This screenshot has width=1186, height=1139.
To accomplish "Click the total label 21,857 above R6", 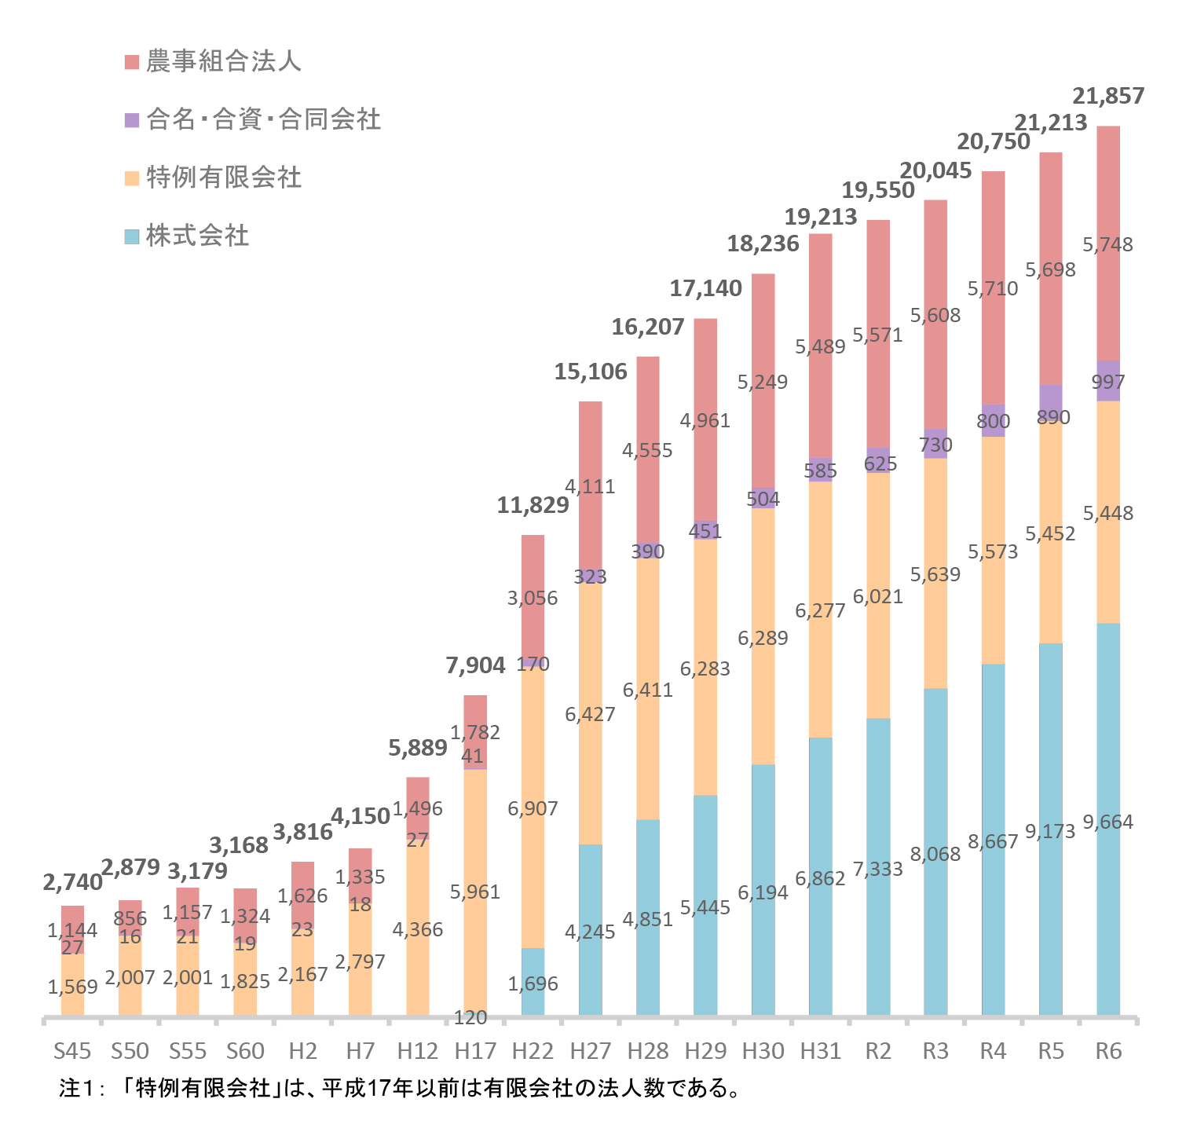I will pos(1108,96).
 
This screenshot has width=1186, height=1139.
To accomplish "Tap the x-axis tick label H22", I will pos(533,1051).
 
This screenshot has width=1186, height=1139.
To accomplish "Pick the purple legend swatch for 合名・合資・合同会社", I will pos(132,120).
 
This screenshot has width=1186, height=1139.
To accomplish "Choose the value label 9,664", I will pos(1108,822).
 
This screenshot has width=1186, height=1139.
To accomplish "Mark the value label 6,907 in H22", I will pos(533,808).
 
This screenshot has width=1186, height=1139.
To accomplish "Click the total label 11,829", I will pos(533,505).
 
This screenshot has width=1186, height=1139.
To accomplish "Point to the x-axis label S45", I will pos(72,1051).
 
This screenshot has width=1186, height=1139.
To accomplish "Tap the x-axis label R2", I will pos(878,1051).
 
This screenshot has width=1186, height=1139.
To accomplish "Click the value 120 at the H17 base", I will pos(470,1018).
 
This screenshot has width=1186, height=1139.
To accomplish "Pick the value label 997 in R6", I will pos(1108,383).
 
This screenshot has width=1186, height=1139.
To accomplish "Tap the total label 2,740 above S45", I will pos(72,882).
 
